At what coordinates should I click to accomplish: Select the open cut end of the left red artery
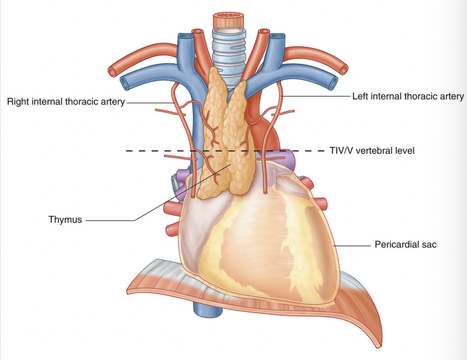(x=343, y=70)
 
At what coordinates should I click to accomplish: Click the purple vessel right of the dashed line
(x=288, y=158)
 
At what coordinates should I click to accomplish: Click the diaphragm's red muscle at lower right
(x=368, y=322)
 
